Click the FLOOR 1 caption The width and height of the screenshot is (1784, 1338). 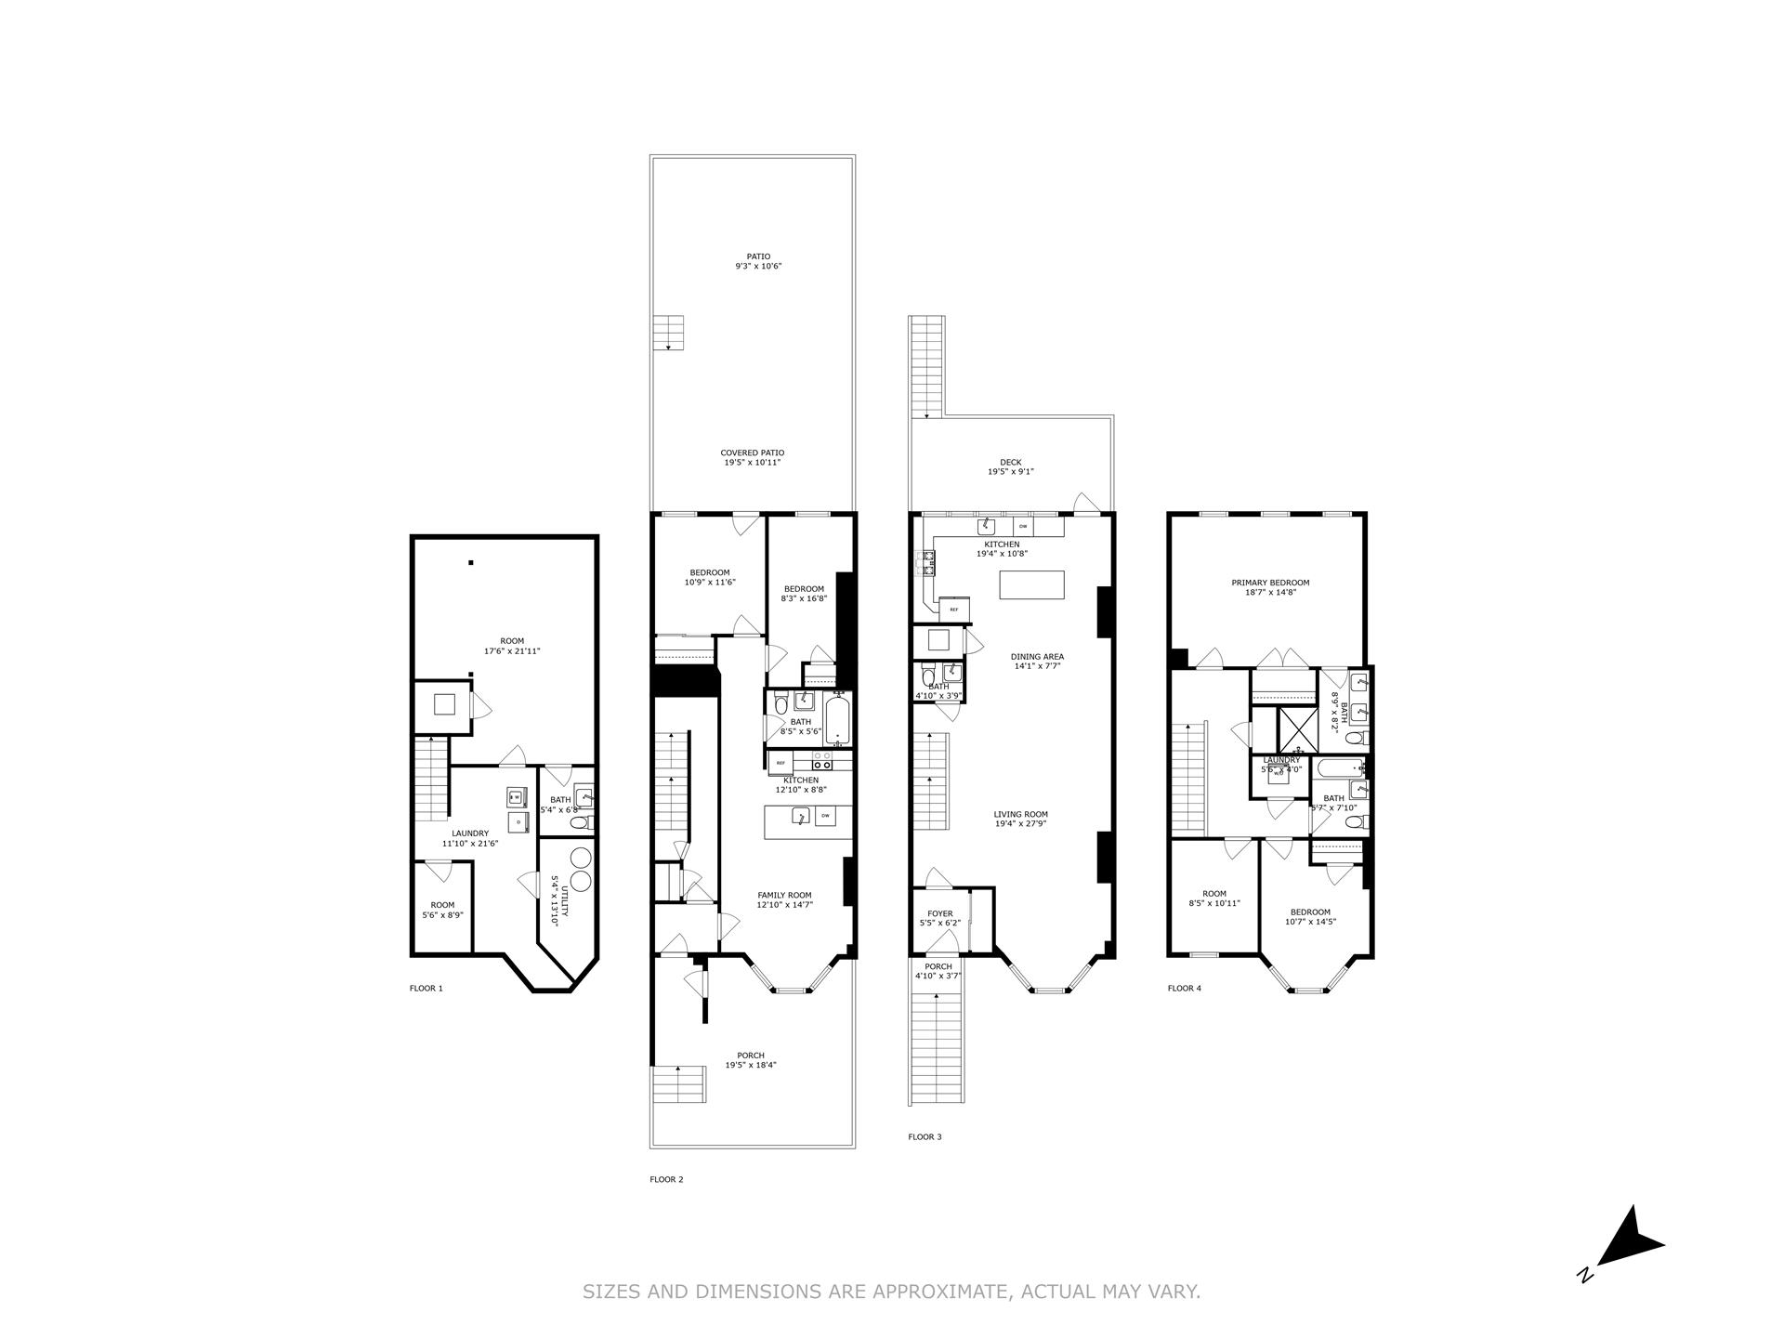point(426,988)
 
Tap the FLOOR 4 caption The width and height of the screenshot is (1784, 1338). point(1184,988)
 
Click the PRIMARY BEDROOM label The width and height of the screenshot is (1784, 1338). point(1269,583)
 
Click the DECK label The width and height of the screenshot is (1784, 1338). point(1010,462)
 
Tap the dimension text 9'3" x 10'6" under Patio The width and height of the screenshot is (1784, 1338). point(752,266)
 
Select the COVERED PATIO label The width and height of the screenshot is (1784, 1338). point(752,453)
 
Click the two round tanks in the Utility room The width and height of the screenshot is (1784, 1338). point(582,868)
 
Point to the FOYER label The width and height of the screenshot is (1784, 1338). point(939,913)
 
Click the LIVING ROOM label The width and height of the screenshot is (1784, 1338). point(1020,814)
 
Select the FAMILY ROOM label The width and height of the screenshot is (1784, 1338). point(784,895)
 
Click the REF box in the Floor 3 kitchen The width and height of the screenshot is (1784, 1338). point(954,610)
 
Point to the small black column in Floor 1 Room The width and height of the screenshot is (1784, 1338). point(471,562)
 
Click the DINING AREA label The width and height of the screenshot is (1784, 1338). point(1037,656)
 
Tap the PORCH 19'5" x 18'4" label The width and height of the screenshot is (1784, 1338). point(751,1060)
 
